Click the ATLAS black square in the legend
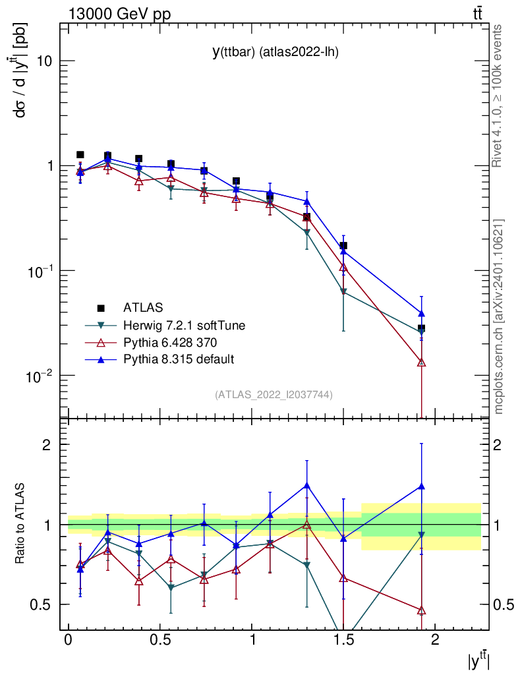click(x=101, y=308)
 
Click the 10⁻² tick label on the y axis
click(x=40, y=376)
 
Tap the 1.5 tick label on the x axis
click(x=343, y=640)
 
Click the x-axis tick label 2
click(x=434, y=640)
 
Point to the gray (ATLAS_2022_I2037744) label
click(x=273, y=395)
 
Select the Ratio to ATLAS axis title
click(x=21, y=524)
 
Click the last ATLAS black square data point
click(x=422, y=328)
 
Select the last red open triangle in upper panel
click(x=422, y=362)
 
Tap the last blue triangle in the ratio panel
click(x=422, y=486)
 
